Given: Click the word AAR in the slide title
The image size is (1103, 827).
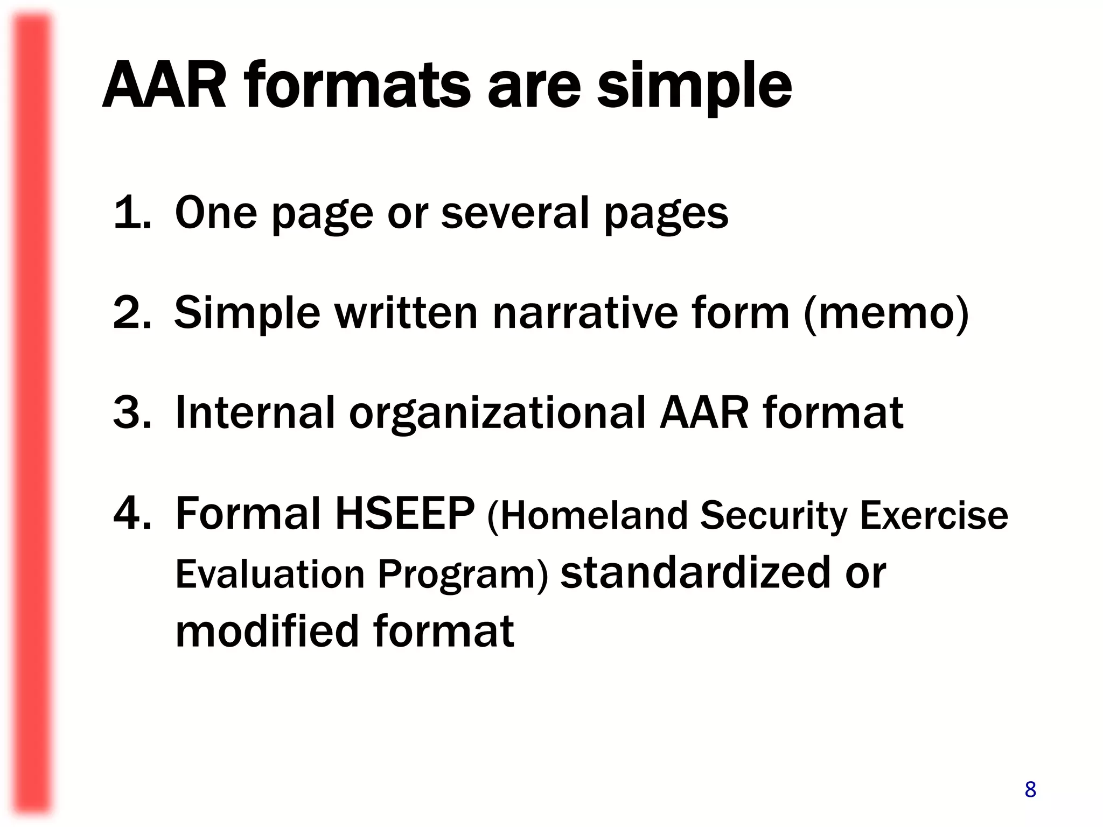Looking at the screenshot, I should [x=164, y=86].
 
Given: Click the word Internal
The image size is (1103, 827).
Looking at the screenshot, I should [x=255, y=412].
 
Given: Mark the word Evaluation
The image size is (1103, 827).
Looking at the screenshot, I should [x=270, y=574].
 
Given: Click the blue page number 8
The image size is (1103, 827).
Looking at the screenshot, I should [x=1030, y=789].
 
